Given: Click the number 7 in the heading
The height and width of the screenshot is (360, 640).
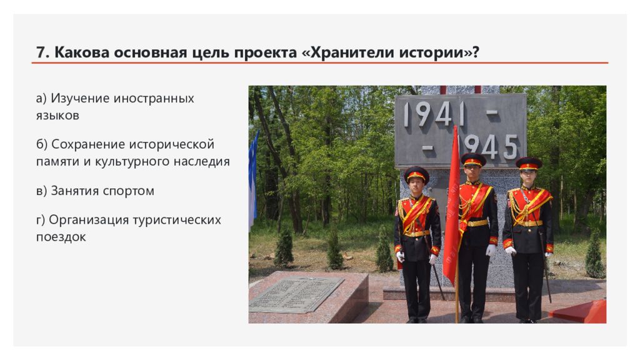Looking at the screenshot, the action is pyautogui.click(x=41, y=52).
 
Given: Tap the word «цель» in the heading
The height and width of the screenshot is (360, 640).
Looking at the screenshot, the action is pyautogui.click(x=211, y=53).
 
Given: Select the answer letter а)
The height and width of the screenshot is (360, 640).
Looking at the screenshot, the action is pyautogui.click(x=41, y=98).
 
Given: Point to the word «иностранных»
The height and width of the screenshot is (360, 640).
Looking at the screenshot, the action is pyautogui.click(x=154, y=98).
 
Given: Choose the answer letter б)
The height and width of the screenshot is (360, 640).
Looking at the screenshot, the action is pyautogui.click(x=42, y=144).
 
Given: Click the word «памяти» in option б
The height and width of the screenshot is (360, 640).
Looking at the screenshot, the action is pyautogui.click(x=58, y=162).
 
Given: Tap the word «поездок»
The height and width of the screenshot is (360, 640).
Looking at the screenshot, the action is pyautogui.click(x=61, y=237).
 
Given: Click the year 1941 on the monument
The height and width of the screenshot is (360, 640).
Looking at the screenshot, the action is pyautogui.click(x=434, y=114).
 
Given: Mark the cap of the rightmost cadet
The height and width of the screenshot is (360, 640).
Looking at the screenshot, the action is pyautogui.click(x=529, y=163).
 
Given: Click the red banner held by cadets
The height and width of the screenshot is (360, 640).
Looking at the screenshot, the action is pyautogui.click(x=451, y=208).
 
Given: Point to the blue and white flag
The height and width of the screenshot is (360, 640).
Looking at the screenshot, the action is pyautogui.click(x=253, y=179).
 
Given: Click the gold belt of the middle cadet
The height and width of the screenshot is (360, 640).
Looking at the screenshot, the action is pyautogui.click(x=477, y=223).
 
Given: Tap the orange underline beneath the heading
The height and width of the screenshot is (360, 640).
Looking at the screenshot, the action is pyautogui.click(x=319, y=63).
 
